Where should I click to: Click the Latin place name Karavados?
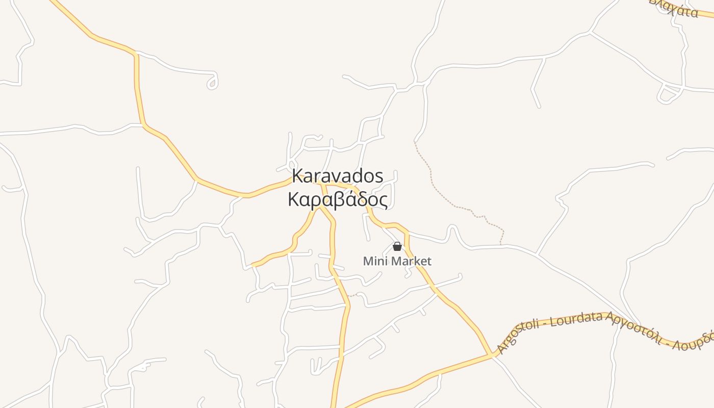click(337, 176)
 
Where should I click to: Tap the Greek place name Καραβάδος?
click(337, 199)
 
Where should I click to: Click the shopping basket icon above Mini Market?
click(397, 247)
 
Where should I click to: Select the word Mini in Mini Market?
click(373, 262)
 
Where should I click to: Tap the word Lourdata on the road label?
click(577, 319)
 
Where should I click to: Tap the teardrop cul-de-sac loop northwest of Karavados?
click(213, 83)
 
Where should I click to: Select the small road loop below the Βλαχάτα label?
click(668, 95)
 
